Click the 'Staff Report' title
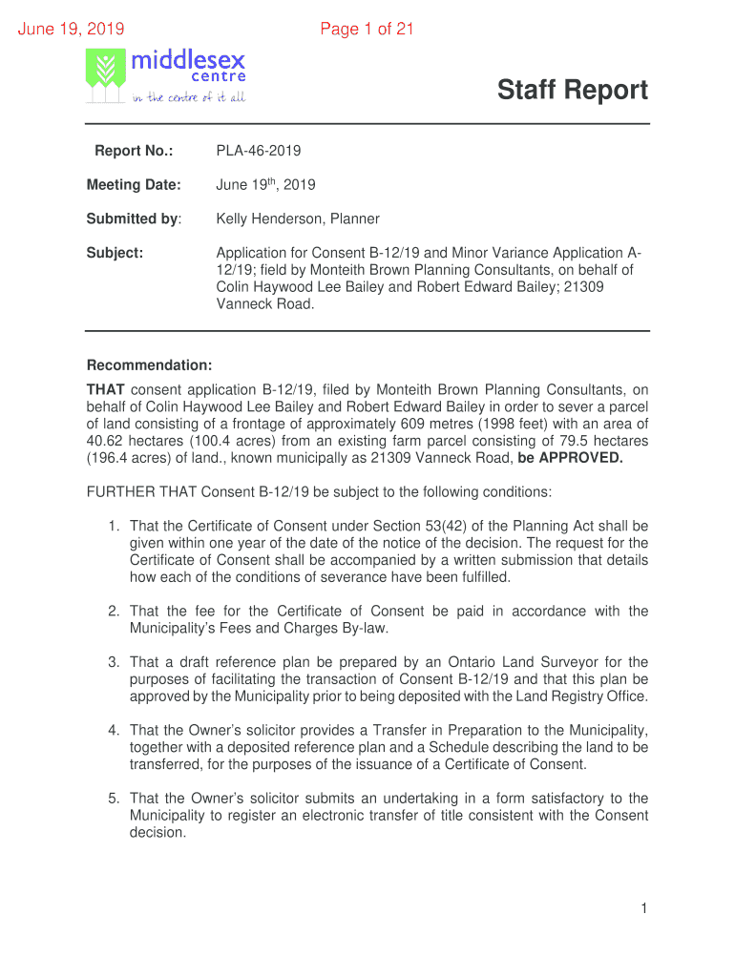(572, 91)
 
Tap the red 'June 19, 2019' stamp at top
(72, 30)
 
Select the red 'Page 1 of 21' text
(367, 30)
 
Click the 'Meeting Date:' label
(134, 184)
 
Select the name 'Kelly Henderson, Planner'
(298, 218)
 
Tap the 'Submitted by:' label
(134, 218)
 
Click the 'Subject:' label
(115, 253)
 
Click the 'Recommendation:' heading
(149, 365)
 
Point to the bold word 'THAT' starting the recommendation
(106, 389)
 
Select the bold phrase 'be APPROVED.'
(570, 457)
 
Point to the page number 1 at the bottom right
(644, 909)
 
